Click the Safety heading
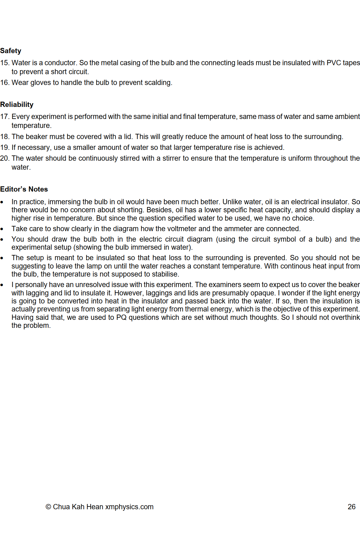tap(11, 51)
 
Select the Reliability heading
tap(17, 104)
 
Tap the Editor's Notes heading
tap(24, 189)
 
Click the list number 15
tap(5, 63)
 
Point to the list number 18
tap(5, 137)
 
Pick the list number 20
tap(5, 158)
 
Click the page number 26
tap(351, 507)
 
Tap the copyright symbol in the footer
tap(48, 507)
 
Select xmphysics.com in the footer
tap(129, 507)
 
